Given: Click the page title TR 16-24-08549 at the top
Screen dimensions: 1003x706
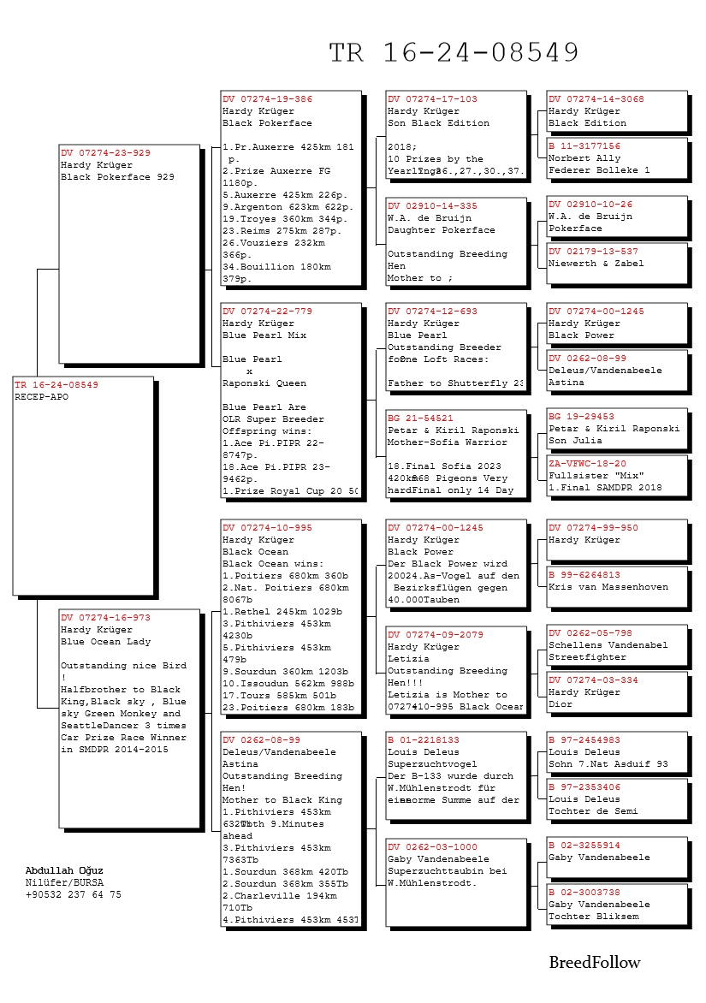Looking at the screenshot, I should [x=454, y=53].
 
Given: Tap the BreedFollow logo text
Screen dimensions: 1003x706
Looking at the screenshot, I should [x=594, y=963].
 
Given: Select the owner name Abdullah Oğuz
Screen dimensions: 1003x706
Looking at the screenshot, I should [x=64, y=870].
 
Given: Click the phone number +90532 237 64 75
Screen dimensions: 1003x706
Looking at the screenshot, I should [x=74, y=894].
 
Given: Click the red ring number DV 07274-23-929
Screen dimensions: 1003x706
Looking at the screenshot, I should [x=105, y=153].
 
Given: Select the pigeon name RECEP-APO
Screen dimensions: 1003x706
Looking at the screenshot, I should [x=41, y=397].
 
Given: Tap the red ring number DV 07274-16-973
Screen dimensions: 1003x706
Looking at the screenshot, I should [x=105, y=617].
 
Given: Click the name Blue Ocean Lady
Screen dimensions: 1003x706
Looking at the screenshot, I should [x=105, y=641].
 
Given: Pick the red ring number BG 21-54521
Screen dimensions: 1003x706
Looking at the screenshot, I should [x=420, y=418].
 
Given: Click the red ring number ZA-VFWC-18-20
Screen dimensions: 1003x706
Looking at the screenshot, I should [x=587, y=463].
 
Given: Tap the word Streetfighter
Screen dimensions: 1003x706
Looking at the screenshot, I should [x=587, y=657].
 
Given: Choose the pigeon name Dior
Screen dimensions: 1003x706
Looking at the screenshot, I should [x=560, y=704].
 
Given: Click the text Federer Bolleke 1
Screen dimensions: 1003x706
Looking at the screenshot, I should [x=599, y=170].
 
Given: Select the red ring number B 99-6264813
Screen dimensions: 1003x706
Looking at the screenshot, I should [x=584, y=575].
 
